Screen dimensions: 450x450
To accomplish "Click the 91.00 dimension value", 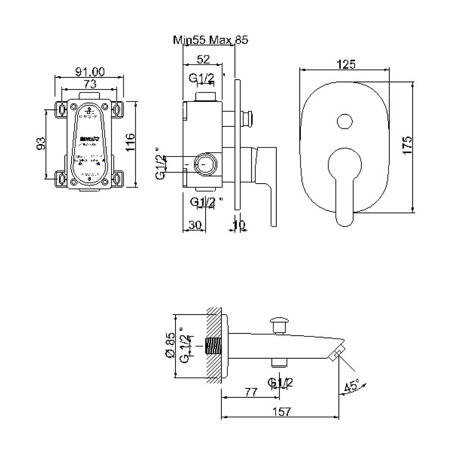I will pos(89,71).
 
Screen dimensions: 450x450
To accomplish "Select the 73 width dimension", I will pos(90,83).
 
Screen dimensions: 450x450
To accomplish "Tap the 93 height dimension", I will pos(41,143).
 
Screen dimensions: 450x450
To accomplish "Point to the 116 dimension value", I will pos(130,143).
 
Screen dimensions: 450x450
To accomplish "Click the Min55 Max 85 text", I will pos(211,40).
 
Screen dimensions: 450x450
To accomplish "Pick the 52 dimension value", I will pos(203,59).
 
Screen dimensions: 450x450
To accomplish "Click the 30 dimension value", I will pos(194,225).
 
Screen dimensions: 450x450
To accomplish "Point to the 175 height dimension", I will pos(407,146).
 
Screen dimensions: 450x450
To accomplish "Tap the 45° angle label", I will pos(351,386).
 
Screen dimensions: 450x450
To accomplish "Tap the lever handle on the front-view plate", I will pos(345,189).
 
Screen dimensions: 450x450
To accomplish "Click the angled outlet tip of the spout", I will pos(337,354).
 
